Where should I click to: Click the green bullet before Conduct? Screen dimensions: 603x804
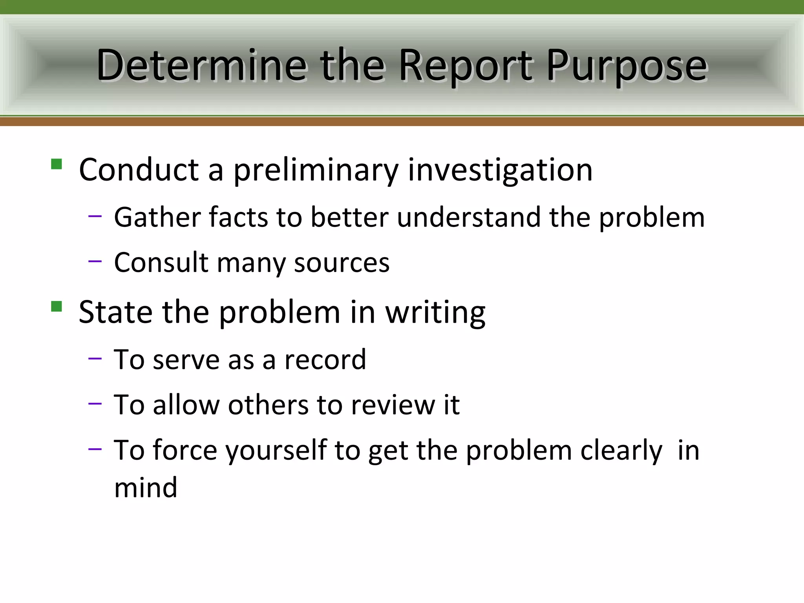tap(57, 164)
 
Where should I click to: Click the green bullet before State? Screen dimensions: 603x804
tap(57, 306)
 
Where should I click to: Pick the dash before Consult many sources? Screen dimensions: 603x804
tap(95, 261)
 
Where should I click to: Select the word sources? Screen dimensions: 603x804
tap(342, 263)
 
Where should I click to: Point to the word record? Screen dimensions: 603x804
tap(325, 360)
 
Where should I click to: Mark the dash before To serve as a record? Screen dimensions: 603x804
tap(95, 358)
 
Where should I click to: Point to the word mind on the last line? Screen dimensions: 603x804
tap(146, 488)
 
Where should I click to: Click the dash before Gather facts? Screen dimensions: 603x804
tap(95, 216)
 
